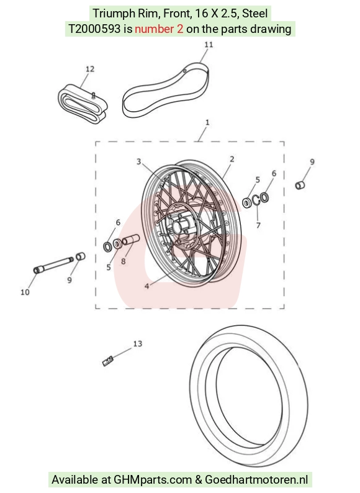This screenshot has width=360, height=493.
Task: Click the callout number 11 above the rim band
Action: tap(209, 45)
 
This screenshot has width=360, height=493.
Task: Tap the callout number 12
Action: tap(89, 69)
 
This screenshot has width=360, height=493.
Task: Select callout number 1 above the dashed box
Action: tap(207, 122)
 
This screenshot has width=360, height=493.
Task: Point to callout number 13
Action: tap(138, 343)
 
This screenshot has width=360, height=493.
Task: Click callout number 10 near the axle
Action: tap(25, 292)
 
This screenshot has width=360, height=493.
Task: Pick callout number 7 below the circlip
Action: tap(258, 225)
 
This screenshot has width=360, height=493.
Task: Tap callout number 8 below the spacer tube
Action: tap(124, 261)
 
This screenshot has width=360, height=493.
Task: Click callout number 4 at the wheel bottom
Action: tap(146, 286)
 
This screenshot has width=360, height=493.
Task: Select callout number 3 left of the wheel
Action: tap(138, 161)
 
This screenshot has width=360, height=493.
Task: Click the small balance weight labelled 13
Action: tap(107, 361)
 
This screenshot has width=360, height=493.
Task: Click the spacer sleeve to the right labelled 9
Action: tap(300, 184)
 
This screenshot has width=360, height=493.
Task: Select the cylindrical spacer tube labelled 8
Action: tap(130, 240)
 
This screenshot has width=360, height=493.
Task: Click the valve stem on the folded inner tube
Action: tap(93, 96)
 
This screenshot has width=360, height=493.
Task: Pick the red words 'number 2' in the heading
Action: tap(159, 29)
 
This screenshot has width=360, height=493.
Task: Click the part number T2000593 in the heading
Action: tap(94, 29)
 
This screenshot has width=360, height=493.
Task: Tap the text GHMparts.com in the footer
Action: tap(153, 480)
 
